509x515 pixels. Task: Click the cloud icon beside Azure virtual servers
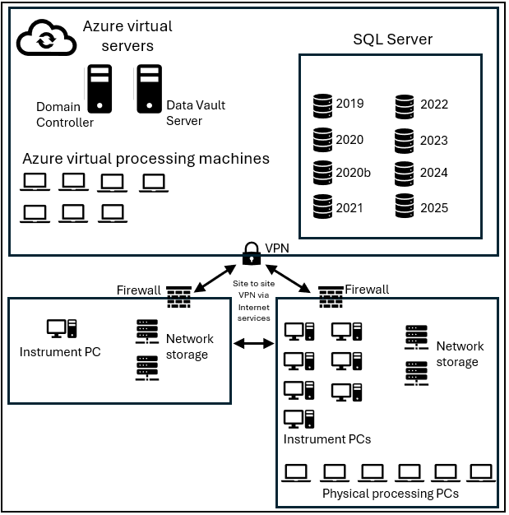tap(46, 38)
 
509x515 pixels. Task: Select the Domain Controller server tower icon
tap(99, 89)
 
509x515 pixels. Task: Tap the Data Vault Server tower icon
tap(149, 89)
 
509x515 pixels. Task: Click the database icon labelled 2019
tap(322, 106)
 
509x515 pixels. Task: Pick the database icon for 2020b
tap(322, 173)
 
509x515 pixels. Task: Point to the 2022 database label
tap(433, 104)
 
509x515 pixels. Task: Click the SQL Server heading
tap(392, 39)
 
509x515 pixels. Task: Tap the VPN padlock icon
tap(252, 253)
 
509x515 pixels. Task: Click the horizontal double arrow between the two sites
tap(253, 341)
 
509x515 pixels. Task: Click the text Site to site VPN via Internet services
tap(253, 300)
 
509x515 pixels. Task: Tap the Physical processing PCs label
tap(390, 494)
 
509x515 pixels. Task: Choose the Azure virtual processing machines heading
tap(146, 158)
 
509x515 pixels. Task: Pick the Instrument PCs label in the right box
tap(326, 438)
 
